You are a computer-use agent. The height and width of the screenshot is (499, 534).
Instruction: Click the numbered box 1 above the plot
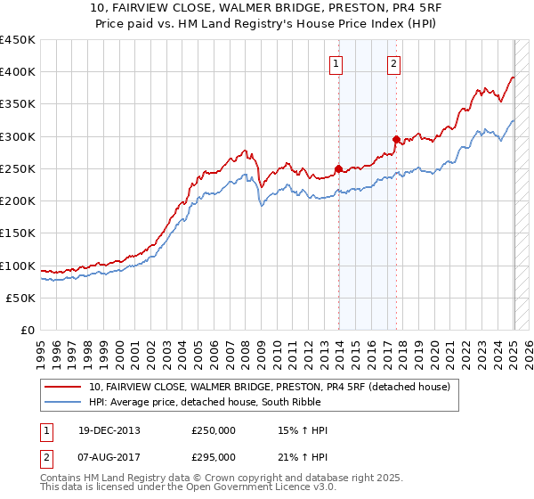click(336, 63)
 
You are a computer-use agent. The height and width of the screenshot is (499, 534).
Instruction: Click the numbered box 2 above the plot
click(393, 63)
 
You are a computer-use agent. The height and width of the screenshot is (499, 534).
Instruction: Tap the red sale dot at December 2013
click(338, 168)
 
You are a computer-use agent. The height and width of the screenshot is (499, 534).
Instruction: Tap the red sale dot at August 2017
click(396, 139)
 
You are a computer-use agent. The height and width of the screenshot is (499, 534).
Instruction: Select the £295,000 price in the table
click(214, 456)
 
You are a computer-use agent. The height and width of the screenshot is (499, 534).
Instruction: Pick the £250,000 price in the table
click(214, 430)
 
